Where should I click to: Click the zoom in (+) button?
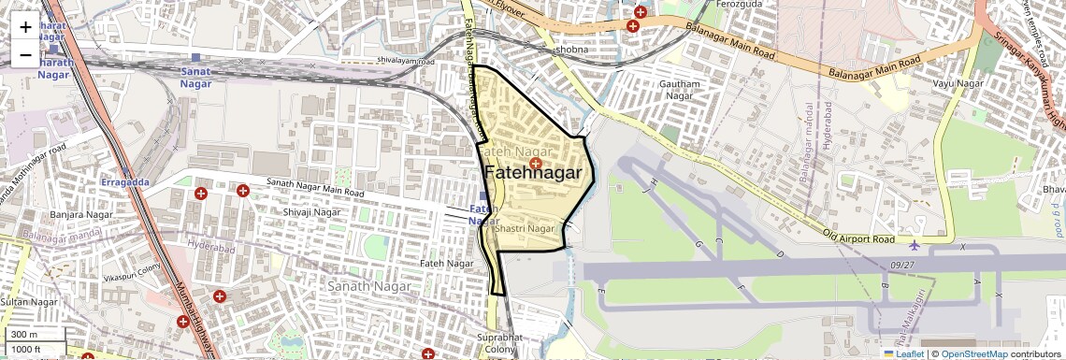pyautogui.click(x=25, y=26)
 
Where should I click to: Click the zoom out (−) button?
pyautogui.click(x=25, y=55)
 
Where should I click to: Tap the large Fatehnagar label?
pyautogui.click(x=539, y=173)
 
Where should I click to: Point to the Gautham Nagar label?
pyautogui.click(x=680, y=90)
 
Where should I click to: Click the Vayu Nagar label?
pyautogui.click(x=958, y=84)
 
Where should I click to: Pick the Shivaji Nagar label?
pyautogui.click(x=311, y=212)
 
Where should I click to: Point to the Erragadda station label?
pyautogui.click(x=124, y=181)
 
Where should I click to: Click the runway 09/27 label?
pyautogui.click(x=902, y=265)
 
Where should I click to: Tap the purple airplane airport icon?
pyautogui.click(x=914, y=246)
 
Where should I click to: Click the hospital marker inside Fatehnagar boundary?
pyautogui.click(x=535, y=164)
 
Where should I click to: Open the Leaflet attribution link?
pyautogui.click(x=903, y=354)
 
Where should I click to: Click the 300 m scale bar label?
pyautogui.click(x=24, y=335)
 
